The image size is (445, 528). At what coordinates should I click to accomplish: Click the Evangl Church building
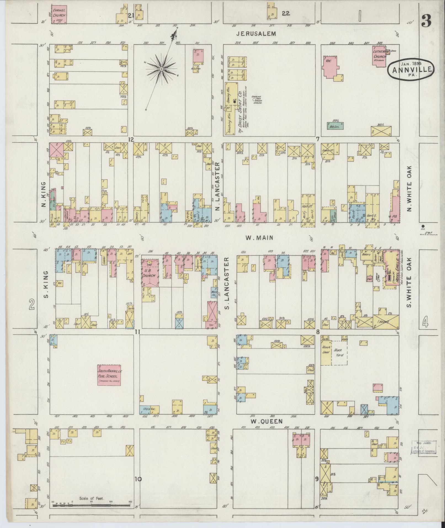tap(59, 14)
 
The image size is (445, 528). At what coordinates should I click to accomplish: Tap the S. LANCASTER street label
tap(227, 283)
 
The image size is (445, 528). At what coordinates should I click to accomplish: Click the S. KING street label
tap(46, 284)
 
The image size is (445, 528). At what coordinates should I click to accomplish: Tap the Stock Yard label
tap(339, 352)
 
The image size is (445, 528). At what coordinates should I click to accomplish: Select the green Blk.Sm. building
tap(335, 126)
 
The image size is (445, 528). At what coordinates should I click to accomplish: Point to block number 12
tap(130, 140)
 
